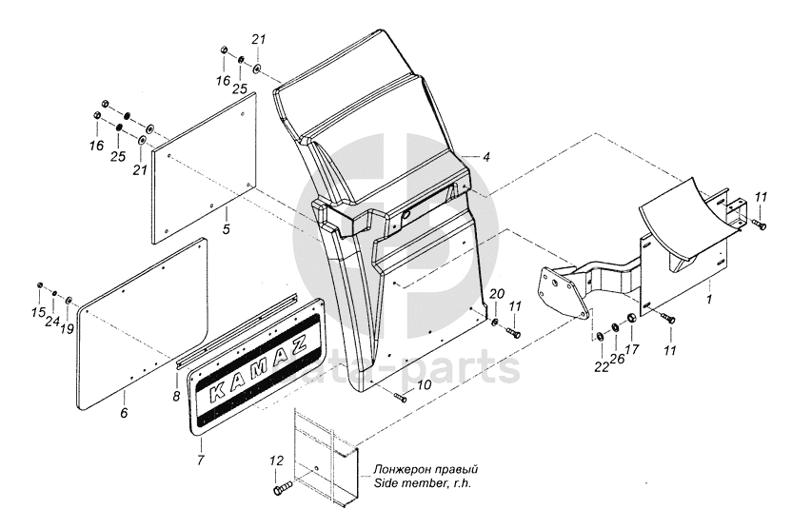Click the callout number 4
click(x=485, y=158)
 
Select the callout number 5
click(x=227, y=229)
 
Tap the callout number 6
click(x=124, y=413)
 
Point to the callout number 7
click(x=201, y=460)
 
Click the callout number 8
click(x=176, y=397)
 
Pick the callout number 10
click(x=425, y=385)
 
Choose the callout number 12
click(x=276, y=460)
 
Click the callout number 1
click(x=709, y=300)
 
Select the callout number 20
click(x=497, y=294)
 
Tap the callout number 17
click(x=632, y=349)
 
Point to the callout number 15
click(x=38, y=313)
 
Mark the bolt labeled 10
click(x=401, y=399)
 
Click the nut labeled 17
click(x=631, y=319)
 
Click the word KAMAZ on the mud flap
click(x=258, y=368)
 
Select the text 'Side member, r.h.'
click(x=422, y=483)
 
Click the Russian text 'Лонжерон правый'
click(x=426, y=469)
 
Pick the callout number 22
click(x=602, y=367)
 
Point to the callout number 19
click(x=67, y=329)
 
